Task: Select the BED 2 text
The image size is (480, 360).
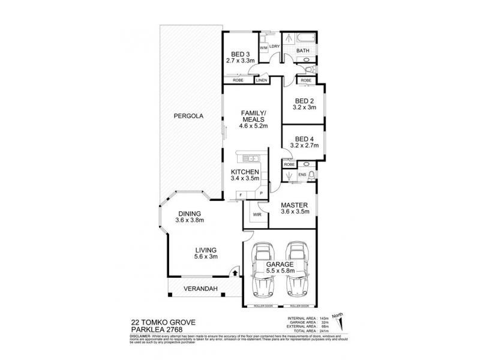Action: point(303,101)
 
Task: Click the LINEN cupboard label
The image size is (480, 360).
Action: point(261,80)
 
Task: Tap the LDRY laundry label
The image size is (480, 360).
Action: point(275,47)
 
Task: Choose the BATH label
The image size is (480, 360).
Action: point(302,51)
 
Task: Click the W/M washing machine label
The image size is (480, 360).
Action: point(263,47)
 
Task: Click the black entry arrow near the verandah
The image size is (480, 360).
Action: point(235,274)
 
